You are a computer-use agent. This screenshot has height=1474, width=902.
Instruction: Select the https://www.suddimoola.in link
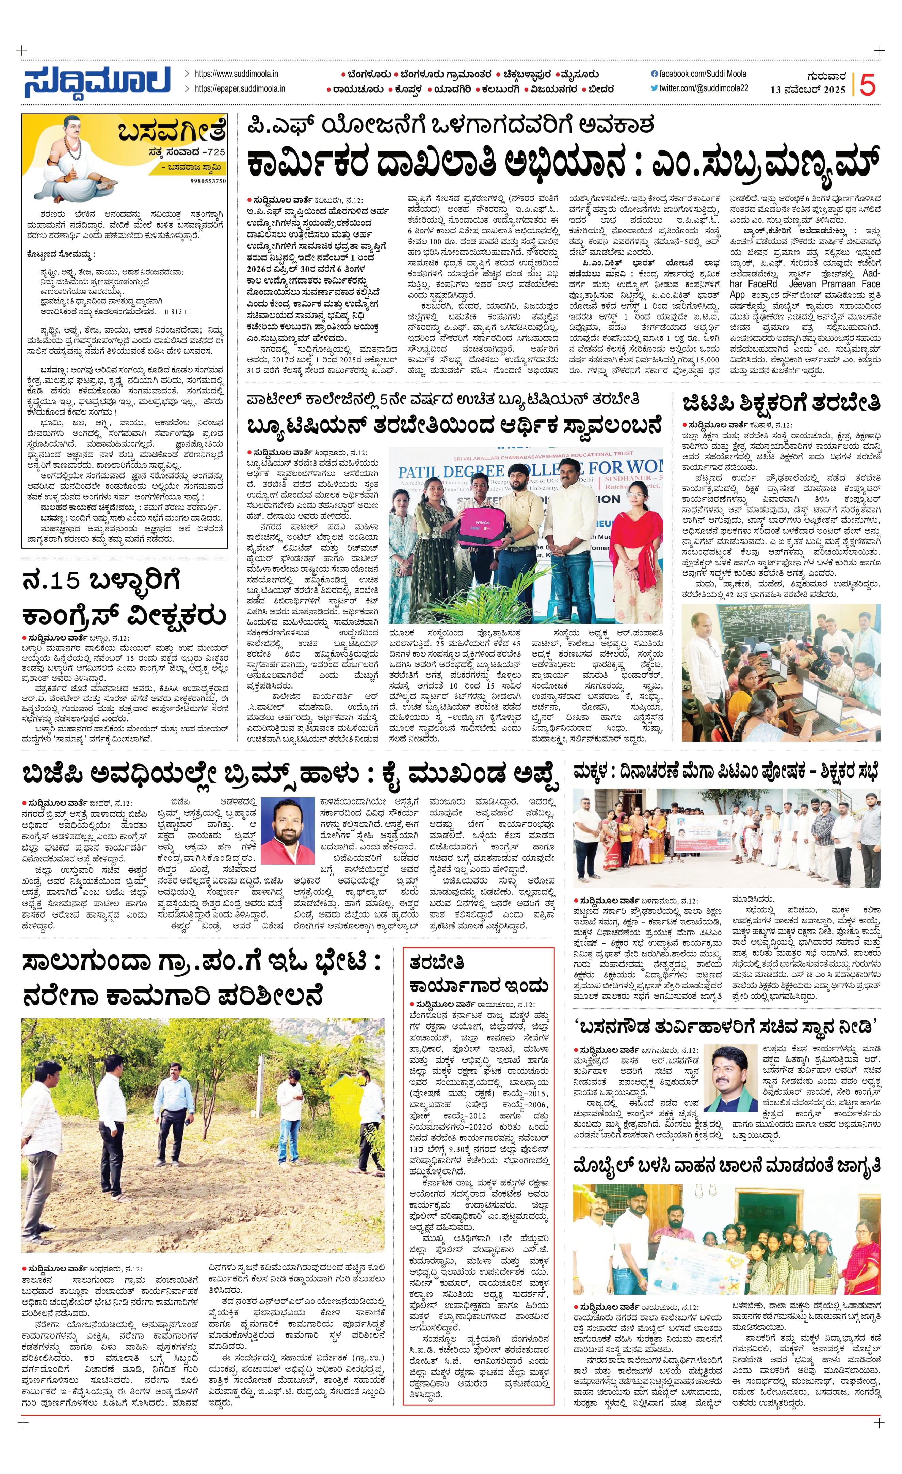(x=236, y=74)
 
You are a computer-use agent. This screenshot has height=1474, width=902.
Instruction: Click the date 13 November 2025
(x=807, y=90)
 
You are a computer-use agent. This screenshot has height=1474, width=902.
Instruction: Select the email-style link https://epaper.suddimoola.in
(x=239, y=88)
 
